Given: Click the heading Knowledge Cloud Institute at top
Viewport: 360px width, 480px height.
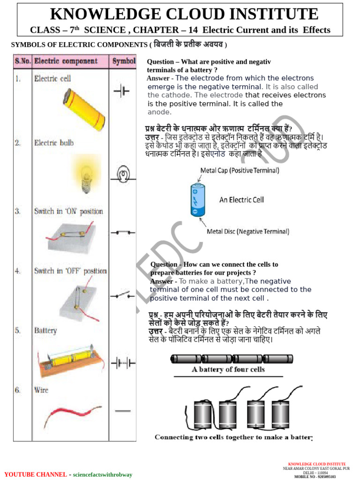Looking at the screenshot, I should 184,14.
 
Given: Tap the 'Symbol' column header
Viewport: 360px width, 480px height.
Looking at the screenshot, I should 124,61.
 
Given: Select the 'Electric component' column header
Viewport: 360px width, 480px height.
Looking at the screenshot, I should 66,61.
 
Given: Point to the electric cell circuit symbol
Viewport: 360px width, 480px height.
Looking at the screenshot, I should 121,91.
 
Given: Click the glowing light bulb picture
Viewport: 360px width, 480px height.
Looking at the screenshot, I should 86,175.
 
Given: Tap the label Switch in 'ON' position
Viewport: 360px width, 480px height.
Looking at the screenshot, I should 68,211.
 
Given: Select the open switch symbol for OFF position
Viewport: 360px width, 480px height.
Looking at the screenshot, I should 123,295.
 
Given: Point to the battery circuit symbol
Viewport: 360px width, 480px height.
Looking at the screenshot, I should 123,363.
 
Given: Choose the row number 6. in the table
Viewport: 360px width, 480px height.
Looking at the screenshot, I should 18,390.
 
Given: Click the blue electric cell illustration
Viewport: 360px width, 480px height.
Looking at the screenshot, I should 197,200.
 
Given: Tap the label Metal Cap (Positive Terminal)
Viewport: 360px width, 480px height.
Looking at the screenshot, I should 240,170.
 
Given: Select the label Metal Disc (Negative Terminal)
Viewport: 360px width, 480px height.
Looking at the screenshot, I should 248,232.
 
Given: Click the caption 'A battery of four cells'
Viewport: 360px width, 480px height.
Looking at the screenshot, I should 228,369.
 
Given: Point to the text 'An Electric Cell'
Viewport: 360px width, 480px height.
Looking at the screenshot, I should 241,200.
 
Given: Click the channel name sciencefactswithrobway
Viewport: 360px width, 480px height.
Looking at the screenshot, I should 102,474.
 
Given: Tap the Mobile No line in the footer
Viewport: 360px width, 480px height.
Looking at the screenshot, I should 315,477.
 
